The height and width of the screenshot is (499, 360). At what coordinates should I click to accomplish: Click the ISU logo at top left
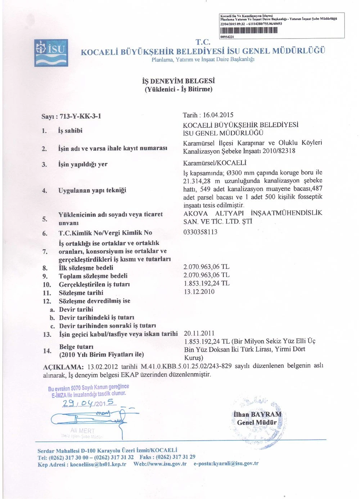[x=51, y=53]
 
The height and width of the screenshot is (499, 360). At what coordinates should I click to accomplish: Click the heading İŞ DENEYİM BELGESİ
[x=178, y=81]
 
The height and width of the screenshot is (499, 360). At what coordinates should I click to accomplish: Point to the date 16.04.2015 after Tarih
[x=218, y=115]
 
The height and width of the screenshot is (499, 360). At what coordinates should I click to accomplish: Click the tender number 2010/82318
[x=279, y=151]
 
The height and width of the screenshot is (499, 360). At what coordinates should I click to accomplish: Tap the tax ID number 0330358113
[x=201, y=232]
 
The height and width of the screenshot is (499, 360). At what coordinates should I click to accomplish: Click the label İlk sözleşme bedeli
[x=86, y=268]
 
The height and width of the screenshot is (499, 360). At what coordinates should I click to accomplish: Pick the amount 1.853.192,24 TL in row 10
[x=206, y=284]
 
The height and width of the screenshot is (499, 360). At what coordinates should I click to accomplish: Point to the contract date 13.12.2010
[x=199, y=292]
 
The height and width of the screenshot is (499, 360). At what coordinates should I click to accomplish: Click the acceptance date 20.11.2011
[x=199, y=333]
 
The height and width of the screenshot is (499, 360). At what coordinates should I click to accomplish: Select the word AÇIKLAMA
[x=63, y=367]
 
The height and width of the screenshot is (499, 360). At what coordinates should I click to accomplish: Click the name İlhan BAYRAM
[x=257, y=414]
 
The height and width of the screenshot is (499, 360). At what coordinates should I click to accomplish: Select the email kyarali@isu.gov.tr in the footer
[x=234, y=464]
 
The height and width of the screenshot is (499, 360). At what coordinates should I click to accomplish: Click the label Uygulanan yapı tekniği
[x=92, y=190]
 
